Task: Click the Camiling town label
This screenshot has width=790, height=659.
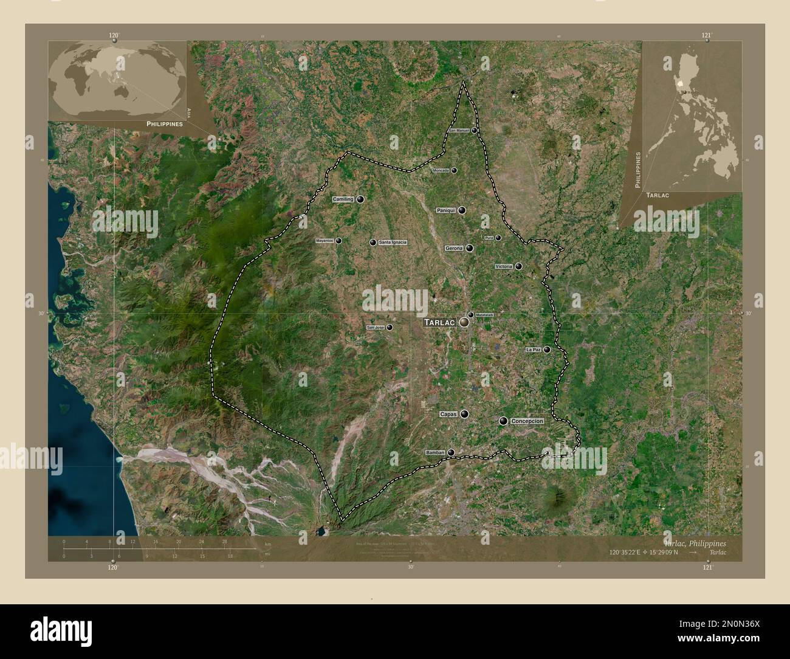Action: (343, 199)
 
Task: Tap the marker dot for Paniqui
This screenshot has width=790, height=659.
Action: (462, 210)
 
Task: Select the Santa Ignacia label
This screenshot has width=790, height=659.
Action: (393, 243)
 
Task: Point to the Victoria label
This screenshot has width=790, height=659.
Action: (504, 266)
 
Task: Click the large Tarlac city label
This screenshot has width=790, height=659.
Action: (440, 322)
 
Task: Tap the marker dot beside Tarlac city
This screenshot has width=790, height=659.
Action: (464, 323)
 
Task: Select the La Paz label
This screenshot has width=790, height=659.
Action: (533, 350)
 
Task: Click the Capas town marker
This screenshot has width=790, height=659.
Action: (465, 414)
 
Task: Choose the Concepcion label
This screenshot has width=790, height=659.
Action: (527, 421)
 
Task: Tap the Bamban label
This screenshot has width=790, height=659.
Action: (436, 452)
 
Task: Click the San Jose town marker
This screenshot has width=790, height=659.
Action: (389, 327)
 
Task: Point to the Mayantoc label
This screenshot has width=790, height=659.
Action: (325, 241)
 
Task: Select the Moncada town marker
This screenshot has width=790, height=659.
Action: (453, 171)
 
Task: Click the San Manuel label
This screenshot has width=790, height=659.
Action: (459, 131)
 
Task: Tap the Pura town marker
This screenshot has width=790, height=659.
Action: (498, 238)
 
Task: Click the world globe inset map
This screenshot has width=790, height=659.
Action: (117, 79)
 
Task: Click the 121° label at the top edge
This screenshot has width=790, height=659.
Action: (706, 36)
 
